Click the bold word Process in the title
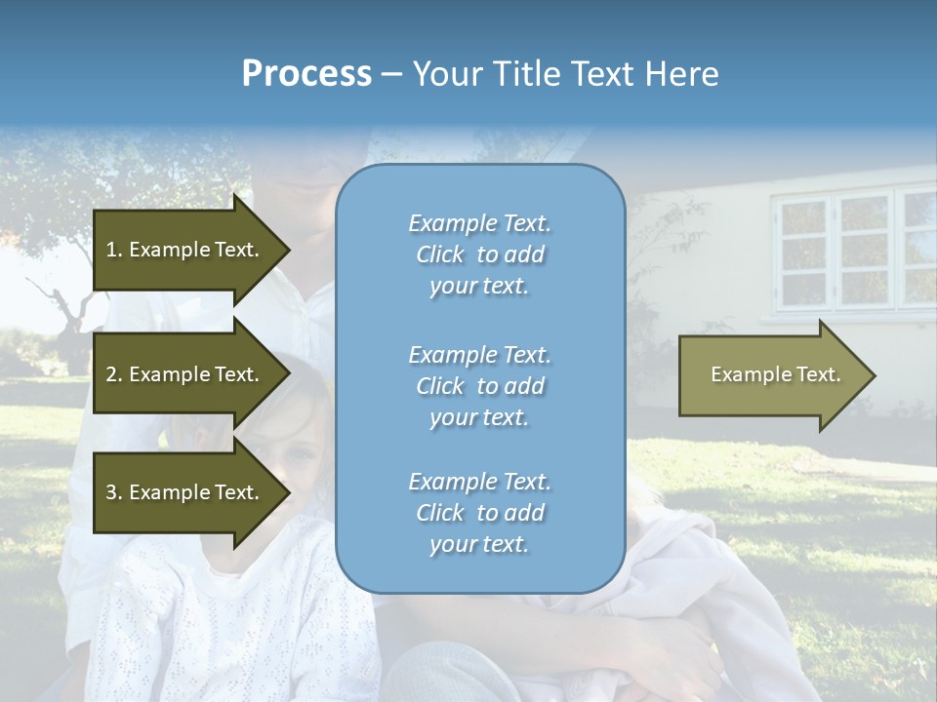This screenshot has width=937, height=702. [x=306, y=74]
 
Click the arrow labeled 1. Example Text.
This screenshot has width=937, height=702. [x=185, y=250]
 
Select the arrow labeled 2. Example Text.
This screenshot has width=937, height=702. [x=185, y=374]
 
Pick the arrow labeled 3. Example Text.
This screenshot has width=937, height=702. [x=185, y=492]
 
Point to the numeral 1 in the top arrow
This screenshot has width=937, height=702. [x=110, y=250]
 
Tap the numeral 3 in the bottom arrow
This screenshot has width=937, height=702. [x=111, y=492]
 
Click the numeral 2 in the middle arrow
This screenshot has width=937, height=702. [x=111, y=374]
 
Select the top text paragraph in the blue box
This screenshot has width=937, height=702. [x=479, y=254]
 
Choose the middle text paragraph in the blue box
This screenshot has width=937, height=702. [x=479, y=386]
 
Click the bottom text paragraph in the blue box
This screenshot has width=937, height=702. [x=479, y=513]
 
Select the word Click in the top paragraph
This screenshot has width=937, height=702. [x=440, y=254]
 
